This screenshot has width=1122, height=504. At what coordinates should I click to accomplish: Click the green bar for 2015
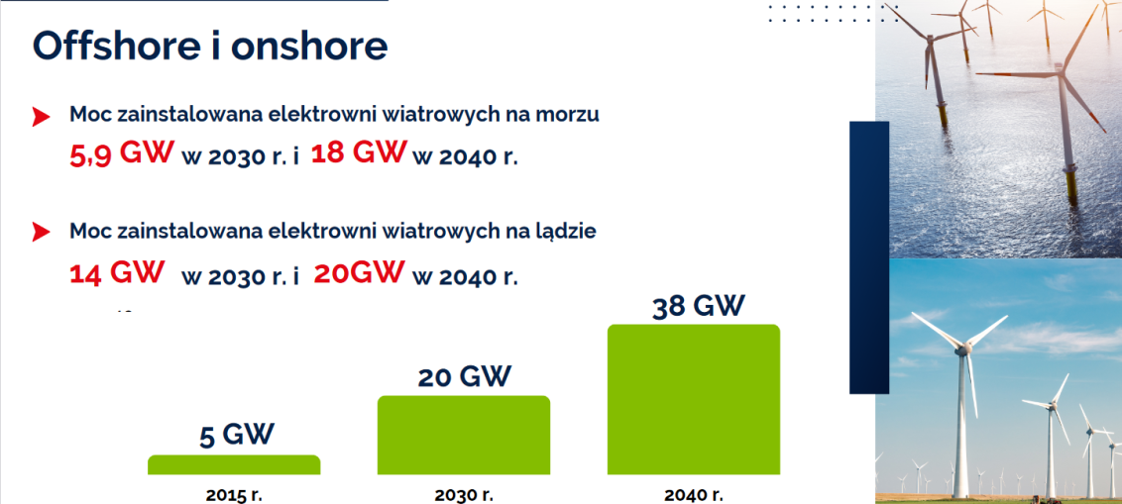pyautogui.click(x=234, y=464)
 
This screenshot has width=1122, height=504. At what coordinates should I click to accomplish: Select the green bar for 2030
pyautogui.click(x=464, y=435)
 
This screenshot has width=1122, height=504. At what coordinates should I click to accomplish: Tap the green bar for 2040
pyautogui.click(x=694, y=399)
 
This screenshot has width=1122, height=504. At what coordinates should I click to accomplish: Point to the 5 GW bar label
pyautogui.click(x=236, y=435)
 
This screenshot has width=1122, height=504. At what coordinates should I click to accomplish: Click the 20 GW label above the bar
pyautogui.click(x=465, y=376)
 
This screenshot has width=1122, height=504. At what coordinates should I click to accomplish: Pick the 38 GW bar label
pyautogui.click(x=699, y=306)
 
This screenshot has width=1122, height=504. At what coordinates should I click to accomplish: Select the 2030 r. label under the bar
pyautogui.click(x=465, y=494)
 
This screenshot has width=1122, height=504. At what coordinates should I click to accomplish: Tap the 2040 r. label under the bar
pyautogui.click(x=694, y=494)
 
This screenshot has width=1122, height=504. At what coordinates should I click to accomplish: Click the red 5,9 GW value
pyautogui.click(x=122, y=153)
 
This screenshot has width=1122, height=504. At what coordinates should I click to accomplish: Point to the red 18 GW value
pyautogui.click(x=359, y=152)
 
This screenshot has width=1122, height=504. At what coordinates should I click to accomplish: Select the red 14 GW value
pyautogui.click(x=117, y=272)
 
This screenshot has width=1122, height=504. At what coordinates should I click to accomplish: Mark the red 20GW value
pyautogui.click(x=359, y=271)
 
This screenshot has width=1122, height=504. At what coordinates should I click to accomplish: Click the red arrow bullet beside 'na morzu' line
pyautogui.click(x=41, y=117)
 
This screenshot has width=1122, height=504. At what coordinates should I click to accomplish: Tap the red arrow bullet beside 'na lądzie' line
pyautogui.click(x=41, y=231)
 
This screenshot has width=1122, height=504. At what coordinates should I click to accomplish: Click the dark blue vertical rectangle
pyautogui.click(x=868, y=257)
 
